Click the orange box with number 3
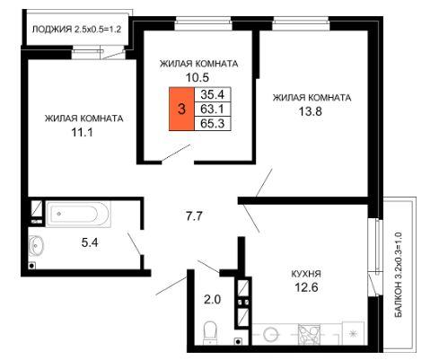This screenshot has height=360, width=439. point(181,109)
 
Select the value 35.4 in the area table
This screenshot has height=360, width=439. point(213,94)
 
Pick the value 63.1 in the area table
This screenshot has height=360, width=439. point(213,109)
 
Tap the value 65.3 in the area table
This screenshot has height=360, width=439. point(213,123)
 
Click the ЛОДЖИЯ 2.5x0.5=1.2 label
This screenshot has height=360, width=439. point(76,30)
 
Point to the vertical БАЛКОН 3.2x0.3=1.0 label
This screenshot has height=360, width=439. point(399,275)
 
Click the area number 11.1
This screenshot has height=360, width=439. point(82,132)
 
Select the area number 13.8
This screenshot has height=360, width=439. point(311,111)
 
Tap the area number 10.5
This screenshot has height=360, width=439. point(198,77)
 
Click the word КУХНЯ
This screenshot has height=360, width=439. point(306,274)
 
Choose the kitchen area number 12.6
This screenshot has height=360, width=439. point(306,287)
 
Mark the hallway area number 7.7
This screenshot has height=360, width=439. point(195,215)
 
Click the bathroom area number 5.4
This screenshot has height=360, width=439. point(90,242)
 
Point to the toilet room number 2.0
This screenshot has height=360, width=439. point(213,299)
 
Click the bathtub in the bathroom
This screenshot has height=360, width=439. point(78,214)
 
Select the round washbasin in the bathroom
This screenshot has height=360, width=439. point(37,246)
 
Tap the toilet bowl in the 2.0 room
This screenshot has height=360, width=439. point(211,333)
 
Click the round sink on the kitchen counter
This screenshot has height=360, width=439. point(271,334)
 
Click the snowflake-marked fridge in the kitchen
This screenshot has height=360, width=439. point(354,333)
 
